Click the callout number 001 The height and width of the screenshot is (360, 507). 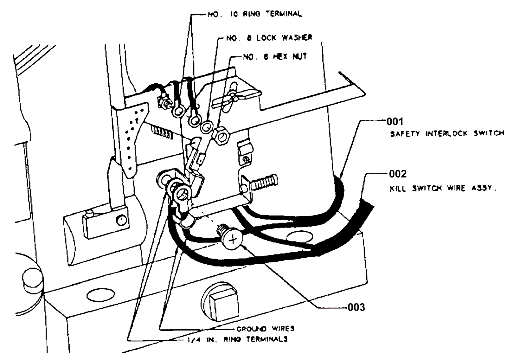pos(395,122)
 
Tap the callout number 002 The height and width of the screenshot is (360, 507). pos(398,174)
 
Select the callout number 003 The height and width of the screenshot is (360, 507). pos(356,307)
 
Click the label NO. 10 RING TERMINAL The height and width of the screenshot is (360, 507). pos(254,14)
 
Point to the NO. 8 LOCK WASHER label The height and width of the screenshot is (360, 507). pos(269,38)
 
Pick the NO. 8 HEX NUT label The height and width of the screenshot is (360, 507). pos(275,57)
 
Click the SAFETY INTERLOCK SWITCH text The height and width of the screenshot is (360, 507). pos(447,133)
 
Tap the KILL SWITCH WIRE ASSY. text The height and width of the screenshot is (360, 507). pos(443,188)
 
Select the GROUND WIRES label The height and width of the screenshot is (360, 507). pos(265,329)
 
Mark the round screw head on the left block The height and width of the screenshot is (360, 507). pos(122,220)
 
